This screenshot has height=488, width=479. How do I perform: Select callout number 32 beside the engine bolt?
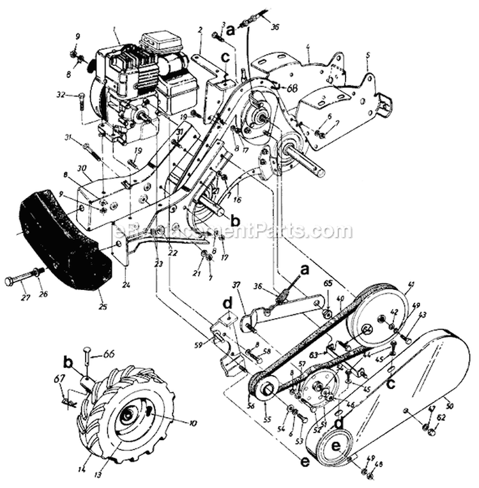[61, 95]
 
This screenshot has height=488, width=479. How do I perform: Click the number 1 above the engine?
[113, 30]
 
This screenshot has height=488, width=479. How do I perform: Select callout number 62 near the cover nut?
[440, 419]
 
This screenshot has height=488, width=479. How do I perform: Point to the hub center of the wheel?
[128, 416]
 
